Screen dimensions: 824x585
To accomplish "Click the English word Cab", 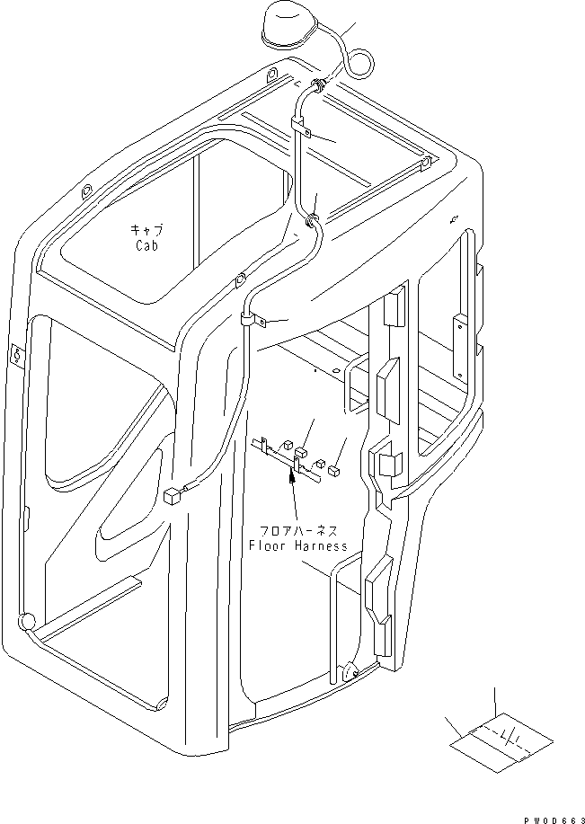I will pyautogui.click(x=147, y=245).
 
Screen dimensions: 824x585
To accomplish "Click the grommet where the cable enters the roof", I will pyautogui.click(x=318, y=85).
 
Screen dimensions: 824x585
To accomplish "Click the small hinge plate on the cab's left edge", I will pyautogui.click(x=14, y=354).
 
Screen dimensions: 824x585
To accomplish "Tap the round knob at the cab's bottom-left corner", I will pyautogui.click(x=26, y=620).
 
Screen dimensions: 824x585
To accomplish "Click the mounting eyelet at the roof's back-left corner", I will pyautogui.click(x=86, y=191).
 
